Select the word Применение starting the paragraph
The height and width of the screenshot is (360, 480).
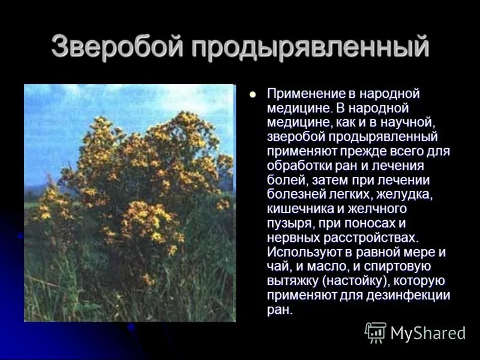click(x=305, y=94)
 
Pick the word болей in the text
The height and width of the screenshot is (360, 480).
click(x=282, y=180)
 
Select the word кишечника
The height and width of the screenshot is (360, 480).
click(x=298, y=209)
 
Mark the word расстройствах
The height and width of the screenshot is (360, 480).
click(x=371, y=238)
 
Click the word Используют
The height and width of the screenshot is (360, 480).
click(x=303, y=252)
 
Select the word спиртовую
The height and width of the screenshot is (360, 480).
click(x=400, y=266)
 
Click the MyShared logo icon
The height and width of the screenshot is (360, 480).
click(x=376, y=332)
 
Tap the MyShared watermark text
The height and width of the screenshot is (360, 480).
click(x=428, y=333)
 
